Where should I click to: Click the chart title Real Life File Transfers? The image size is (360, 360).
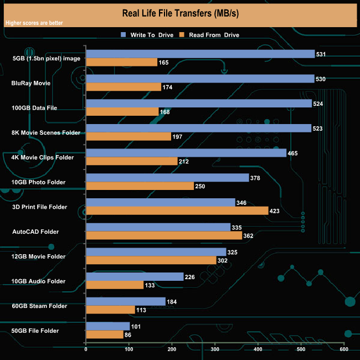[x=179, y=12]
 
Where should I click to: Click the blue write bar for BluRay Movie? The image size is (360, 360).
[x=200, y=79]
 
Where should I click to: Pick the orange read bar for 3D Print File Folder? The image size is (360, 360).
[x=161, y=210]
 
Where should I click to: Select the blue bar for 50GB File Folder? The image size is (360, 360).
[x=108, y=326]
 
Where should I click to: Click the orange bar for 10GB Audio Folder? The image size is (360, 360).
[x=115, y=285]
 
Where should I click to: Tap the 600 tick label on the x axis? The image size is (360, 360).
[x=343, y=349]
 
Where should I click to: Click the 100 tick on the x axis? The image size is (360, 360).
[x=129, y=349]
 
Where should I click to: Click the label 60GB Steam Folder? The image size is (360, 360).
[x=39, y=306]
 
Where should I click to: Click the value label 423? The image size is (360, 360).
[x=275, y=210]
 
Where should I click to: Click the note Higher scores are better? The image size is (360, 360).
[x=34, y=23]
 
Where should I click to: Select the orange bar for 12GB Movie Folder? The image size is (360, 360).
[x=151, y=260]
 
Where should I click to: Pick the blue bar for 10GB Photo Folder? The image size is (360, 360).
[x=167, y=178]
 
